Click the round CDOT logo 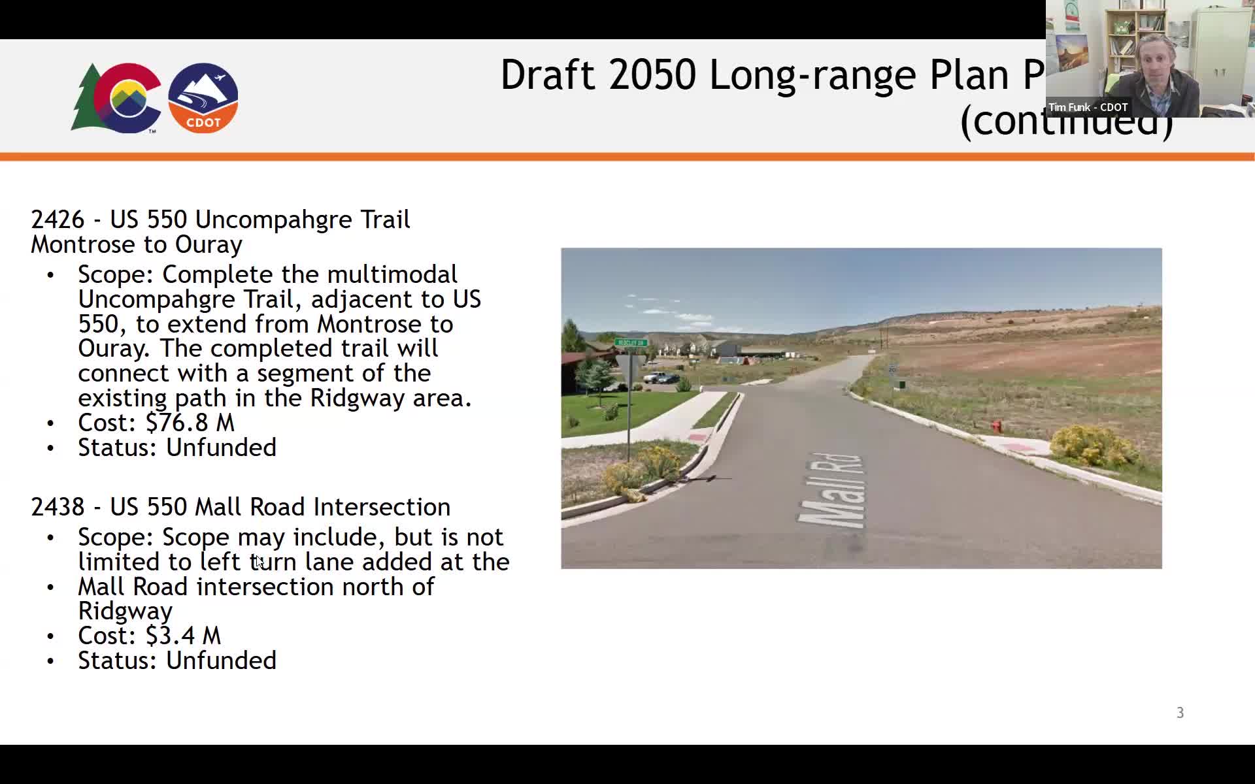coord(203,98)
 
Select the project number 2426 coord(58,220)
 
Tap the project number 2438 coord(58,507)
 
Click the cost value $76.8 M coord(190,423)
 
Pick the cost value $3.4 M coord(183,636)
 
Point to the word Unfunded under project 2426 coord(221,448)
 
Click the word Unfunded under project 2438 coord(221,661)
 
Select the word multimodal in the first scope coord(392,274)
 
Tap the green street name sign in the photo coord(631,342)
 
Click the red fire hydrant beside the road coord(996,427)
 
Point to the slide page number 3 coord(1180,713)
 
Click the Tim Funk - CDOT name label coord(1088,107)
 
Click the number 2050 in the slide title coord(652,74)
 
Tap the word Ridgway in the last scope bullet coord(125,612)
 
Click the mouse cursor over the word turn coord(258,561)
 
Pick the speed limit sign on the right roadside coord(892,370)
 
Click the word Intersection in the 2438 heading coord(382,507)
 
